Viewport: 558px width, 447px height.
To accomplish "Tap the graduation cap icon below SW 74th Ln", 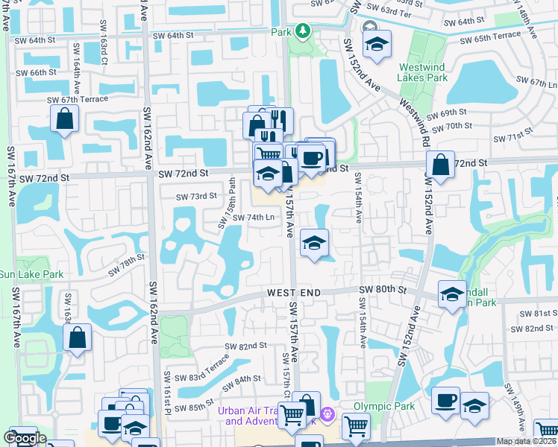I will (315, 243).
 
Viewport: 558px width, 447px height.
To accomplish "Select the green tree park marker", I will (303, 31).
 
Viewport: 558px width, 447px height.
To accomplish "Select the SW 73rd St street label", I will (195, 197).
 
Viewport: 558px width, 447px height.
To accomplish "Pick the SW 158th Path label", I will (226, 203).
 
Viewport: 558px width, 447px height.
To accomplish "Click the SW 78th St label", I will (125, 264).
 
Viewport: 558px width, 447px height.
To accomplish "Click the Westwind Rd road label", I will (415, 119).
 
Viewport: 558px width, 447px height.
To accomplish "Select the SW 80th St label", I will (381, 289).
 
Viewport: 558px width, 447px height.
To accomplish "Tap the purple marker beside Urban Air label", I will (327, 413).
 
